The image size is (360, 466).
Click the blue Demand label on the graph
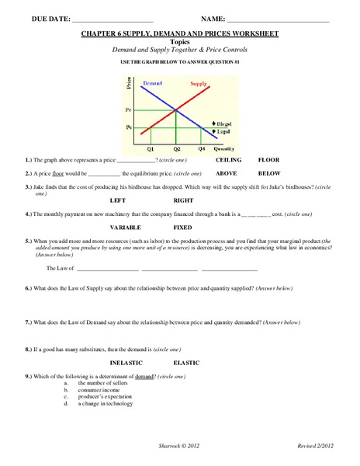click(152, 83)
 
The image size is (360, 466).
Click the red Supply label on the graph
click(199, 83)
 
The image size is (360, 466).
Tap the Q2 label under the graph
click(177, 148)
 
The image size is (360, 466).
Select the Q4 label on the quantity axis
click(202, 148)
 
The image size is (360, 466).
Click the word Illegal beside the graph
click(223, 123)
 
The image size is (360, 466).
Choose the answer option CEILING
click(229, 159)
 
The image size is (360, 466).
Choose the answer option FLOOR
click(269, 159)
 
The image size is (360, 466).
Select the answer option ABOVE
click(227, 173)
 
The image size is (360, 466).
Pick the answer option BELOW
click(269, 173)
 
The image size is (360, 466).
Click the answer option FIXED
click(183, 228)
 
